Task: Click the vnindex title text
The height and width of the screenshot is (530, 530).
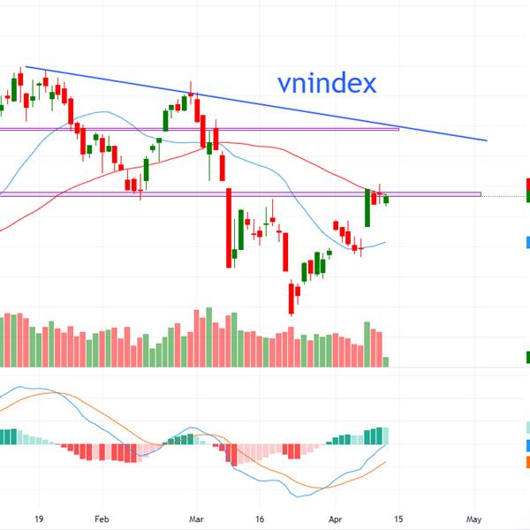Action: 327,84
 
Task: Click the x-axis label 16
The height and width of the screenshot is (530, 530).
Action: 260,519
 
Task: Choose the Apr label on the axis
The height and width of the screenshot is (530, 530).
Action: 335,519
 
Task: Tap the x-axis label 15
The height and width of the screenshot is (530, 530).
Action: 398,519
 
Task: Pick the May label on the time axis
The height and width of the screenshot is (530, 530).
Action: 474,519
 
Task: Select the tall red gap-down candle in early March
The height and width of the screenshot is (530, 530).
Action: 228,226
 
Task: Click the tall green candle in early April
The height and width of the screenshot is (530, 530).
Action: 367,208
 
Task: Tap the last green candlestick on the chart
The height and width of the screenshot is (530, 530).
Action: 386,200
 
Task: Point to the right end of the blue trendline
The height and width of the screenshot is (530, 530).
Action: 487,140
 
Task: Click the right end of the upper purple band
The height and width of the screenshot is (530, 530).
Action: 398,129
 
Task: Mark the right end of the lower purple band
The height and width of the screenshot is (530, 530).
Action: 481,194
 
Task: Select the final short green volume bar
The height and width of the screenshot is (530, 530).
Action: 386,362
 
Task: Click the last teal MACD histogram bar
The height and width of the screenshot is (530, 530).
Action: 384,435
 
